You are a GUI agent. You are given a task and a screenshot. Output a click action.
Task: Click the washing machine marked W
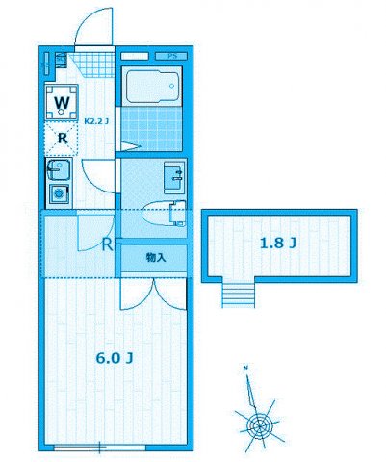click(x=61, y=101)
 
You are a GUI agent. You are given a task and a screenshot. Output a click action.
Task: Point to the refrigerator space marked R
click(x=62, y=138)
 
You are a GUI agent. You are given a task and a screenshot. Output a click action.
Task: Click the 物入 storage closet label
click(x=156, y=258)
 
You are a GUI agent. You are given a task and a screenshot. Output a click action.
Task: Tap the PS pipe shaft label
click(x=173, y=57)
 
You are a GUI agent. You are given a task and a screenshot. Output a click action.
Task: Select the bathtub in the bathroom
click(x=153, y=88)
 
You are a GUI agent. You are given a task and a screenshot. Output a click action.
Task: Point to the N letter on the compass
click(x=245, y=369)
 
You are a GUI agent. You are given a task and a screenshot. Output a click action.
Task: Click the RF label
click(x=110, y=244)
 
